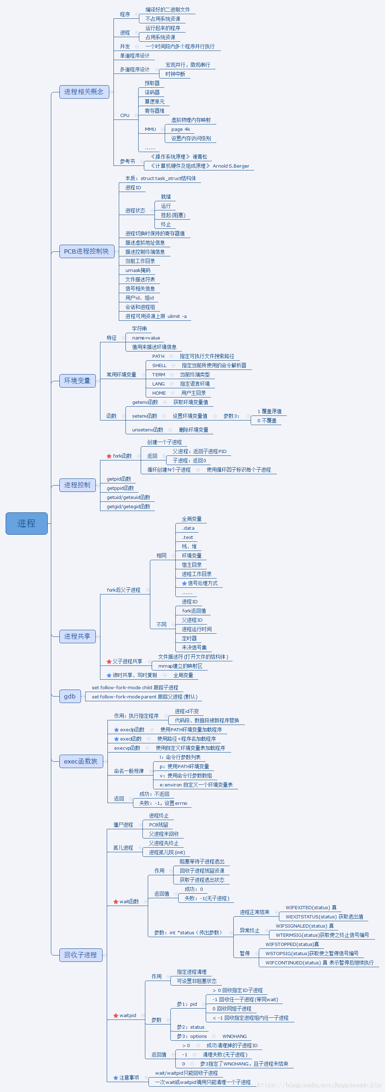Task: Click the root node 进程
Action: (26, 523)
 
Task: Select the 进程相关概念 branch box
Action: (84, 92)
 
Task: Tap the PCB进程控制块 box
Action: (87, 251)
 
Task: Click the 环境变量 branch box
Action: (77, 381)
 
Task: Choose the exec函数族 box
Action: (81, 761)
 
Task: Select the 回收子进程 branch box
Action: (81, 955)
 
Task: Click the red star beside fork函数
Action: (109, 456)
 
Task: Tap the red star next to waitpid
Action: (116, 1015)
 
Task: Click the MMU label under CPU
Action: (151, 129)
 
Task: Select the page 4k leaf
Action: (181, 129)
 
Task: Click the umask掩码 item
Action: (138, 270)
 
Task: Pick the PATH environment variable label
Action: (158, 356)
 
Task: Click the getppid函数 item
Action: (121, 488)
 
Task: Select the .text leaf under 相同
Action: (187, 537)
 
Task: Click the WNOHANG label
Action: (234, 1036)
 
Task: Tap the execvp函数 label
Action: (127, 748)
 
